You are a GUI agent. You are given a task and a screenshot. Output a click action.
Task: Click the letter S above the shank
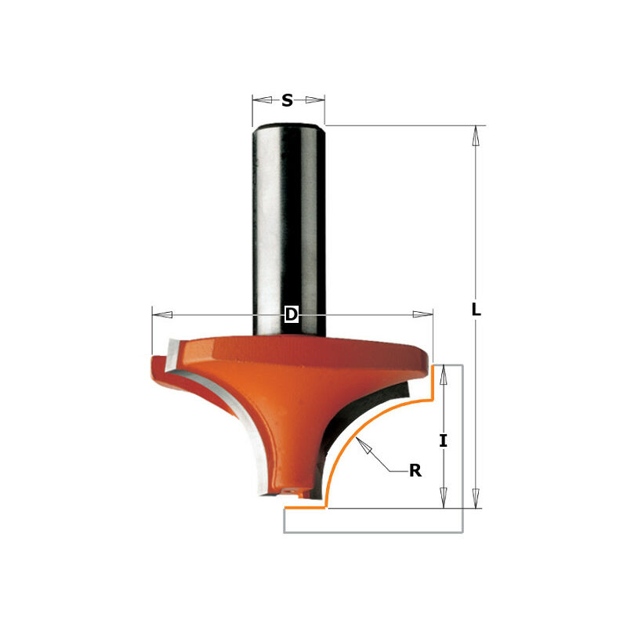point(288,100)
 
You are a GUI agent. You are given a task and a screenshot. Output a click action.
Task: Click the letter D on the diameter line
point(291,314)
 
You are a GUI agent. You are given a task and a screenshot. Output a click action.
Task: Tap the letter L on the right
point(475,309)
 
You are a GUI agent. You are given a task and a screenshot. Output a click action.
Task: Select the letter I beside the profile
point(444,440)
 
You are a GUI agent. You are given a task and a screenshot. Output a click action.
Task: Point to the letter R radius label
point(415,471)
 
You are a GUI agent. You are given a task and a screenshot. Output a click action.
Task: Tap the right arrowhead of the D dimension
point(422,314)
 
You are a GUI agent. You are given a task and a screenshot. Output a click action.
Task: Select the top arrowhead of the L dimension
point(474,136)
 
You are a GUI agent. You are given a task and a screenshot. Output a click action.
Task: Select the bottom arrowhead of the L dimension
point(474,497)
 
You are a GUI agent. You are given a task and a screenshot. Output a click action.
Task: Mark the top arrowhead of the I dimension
point(444,376)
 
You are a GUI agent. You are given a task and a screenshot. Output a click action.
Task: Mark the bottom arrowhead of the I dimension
point(444,496)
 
